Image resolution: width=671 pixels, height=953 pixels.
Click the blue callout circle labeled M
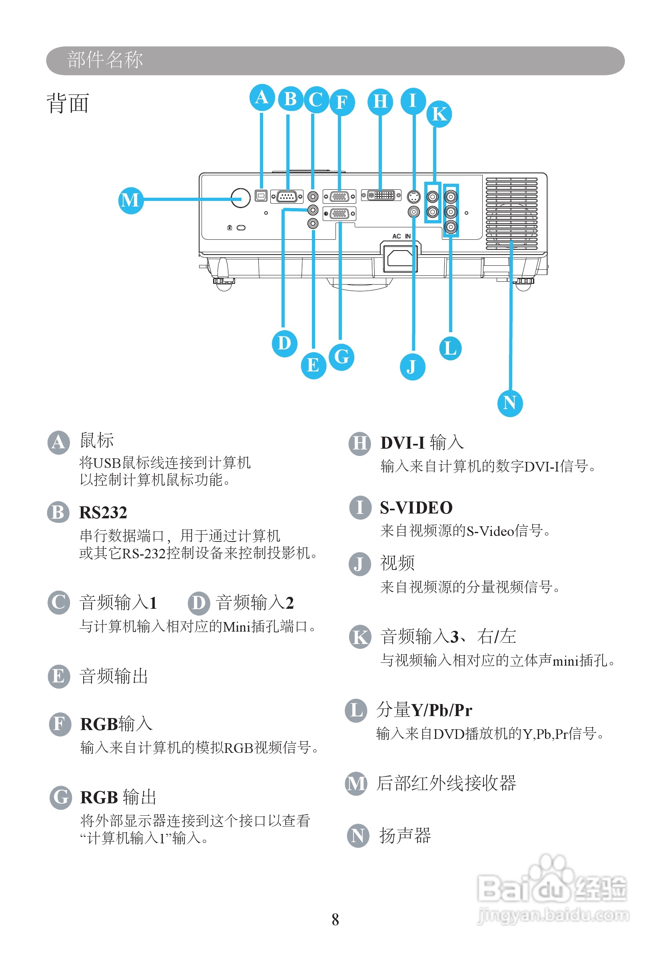tap(131, 200)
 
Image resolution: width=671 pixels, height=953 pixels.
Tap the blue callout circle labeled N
tap(510, 403)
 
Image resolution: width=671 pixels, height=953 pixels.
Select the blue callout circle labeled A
tap(262, 98)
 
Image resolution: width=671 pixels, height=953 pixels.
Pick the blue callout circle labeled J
tap(412, 367)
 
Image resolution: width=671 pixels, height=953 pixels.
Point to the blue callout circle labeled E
tap(313, 366)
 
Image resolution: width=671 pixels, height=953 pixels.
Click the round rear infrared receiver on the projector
tap(241, 198)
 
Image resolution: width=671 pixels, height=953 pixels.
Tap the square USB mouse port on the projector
tap(261, 195)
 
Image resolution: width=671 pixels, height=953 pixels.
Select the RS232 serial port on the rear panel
tap(287, 197)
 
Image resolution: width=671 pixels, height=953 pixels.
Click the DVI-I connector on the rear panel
tap(381, 195)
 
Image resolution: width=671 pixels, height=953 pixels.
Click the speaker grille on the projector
tap(511, 213)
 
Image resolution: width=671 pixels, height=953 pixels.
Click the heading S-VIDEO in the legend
tap(416, 508)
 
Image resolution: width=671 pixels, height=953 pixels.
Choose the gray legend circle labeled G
tap(60, 797)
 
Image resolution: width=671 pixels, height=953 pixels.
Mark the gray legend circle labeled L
tap(356, 710)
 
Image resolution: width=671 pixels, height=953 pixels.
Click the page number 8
tap(335, 920)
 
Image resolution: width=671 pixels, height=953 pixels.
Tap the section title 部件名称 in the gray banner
tap(105, 60)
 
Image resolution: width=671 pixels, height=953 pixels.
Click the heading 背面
tap(68, 103)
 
